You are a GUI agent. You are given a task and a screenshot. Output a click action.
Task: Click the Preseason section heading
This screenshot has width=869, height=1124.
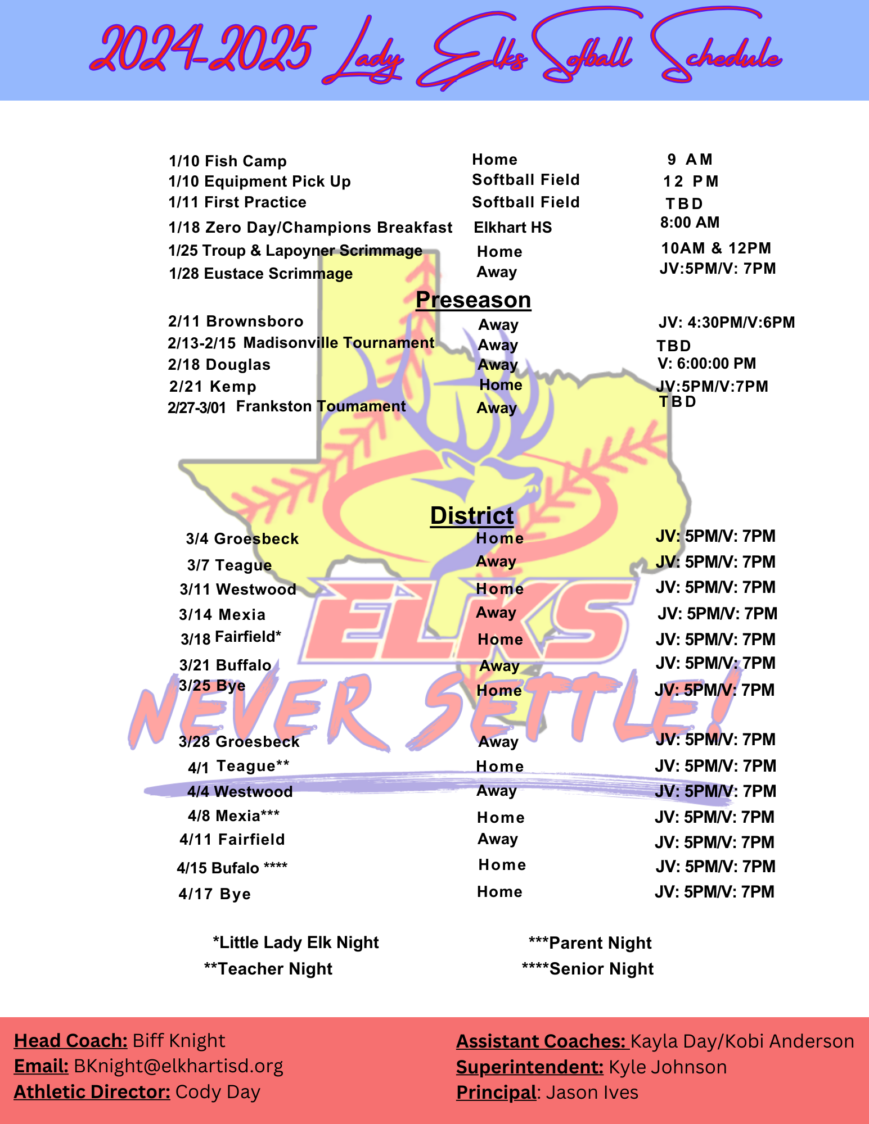point(473,300)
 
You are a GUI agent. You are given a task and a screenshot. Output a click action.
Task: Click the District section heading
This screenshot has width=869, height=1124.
point(472,515)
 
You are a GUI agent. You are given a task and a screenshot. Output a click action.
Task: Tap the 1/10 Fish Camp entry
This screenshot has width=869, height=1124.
point(228,161)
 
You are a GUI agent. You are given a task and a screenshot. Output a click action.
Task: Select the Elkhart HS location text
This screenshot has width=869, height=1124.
point(513,228)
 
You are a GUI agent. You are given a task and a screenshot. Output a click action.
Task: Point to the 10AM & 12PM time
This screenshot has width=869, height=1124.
point(716,248)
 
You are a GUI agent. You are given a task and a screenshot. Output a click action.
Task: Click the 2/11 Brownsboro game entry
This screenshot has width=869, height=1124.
point(236,321)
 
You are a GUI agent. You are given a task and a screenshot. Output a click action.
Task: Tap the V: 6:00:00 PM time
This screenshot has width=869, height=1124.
point(707,364)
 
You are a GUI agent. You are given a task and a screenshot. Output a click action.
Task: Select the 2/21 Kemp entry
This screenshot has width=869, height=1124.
point(213,387)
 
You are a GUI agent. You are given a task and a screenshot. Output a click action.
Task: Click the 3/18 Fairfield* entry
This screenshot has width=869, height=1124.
point(231,638)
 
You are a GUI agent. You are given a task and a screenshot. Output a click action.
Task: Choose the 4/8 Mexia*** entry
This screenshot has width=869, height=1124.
point(233,816)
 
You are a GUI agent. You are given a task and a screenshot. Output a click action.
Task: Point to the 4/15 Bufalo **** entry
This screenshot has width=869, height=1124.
point(232,868)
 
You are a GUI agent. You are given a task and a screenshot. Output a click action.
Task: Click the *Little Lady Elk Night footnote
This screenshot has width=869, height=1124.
point(296,942)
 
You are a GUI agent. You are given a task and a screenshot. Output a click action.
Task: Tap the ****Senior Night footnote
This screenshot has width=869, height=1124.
point(588,969)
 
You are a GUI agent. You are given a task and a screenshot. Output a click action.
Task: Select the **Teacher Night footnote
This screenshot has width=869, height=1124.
point(268,969)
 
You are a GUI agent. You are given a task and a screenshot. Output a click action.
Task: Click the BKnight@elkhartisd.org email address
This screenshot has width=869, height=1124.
point(179,1066)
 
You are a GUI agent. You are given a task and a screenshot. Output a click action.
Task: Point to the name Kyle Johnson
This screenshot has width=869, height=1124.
point(668,1067)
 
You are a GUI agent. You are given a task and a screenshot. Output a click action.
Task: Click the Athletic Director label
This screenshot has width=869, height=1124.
point(92,1092)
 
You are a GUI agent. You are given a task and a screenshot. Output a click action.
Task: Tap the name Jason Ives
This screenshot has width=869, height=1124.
point(592,1093)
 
